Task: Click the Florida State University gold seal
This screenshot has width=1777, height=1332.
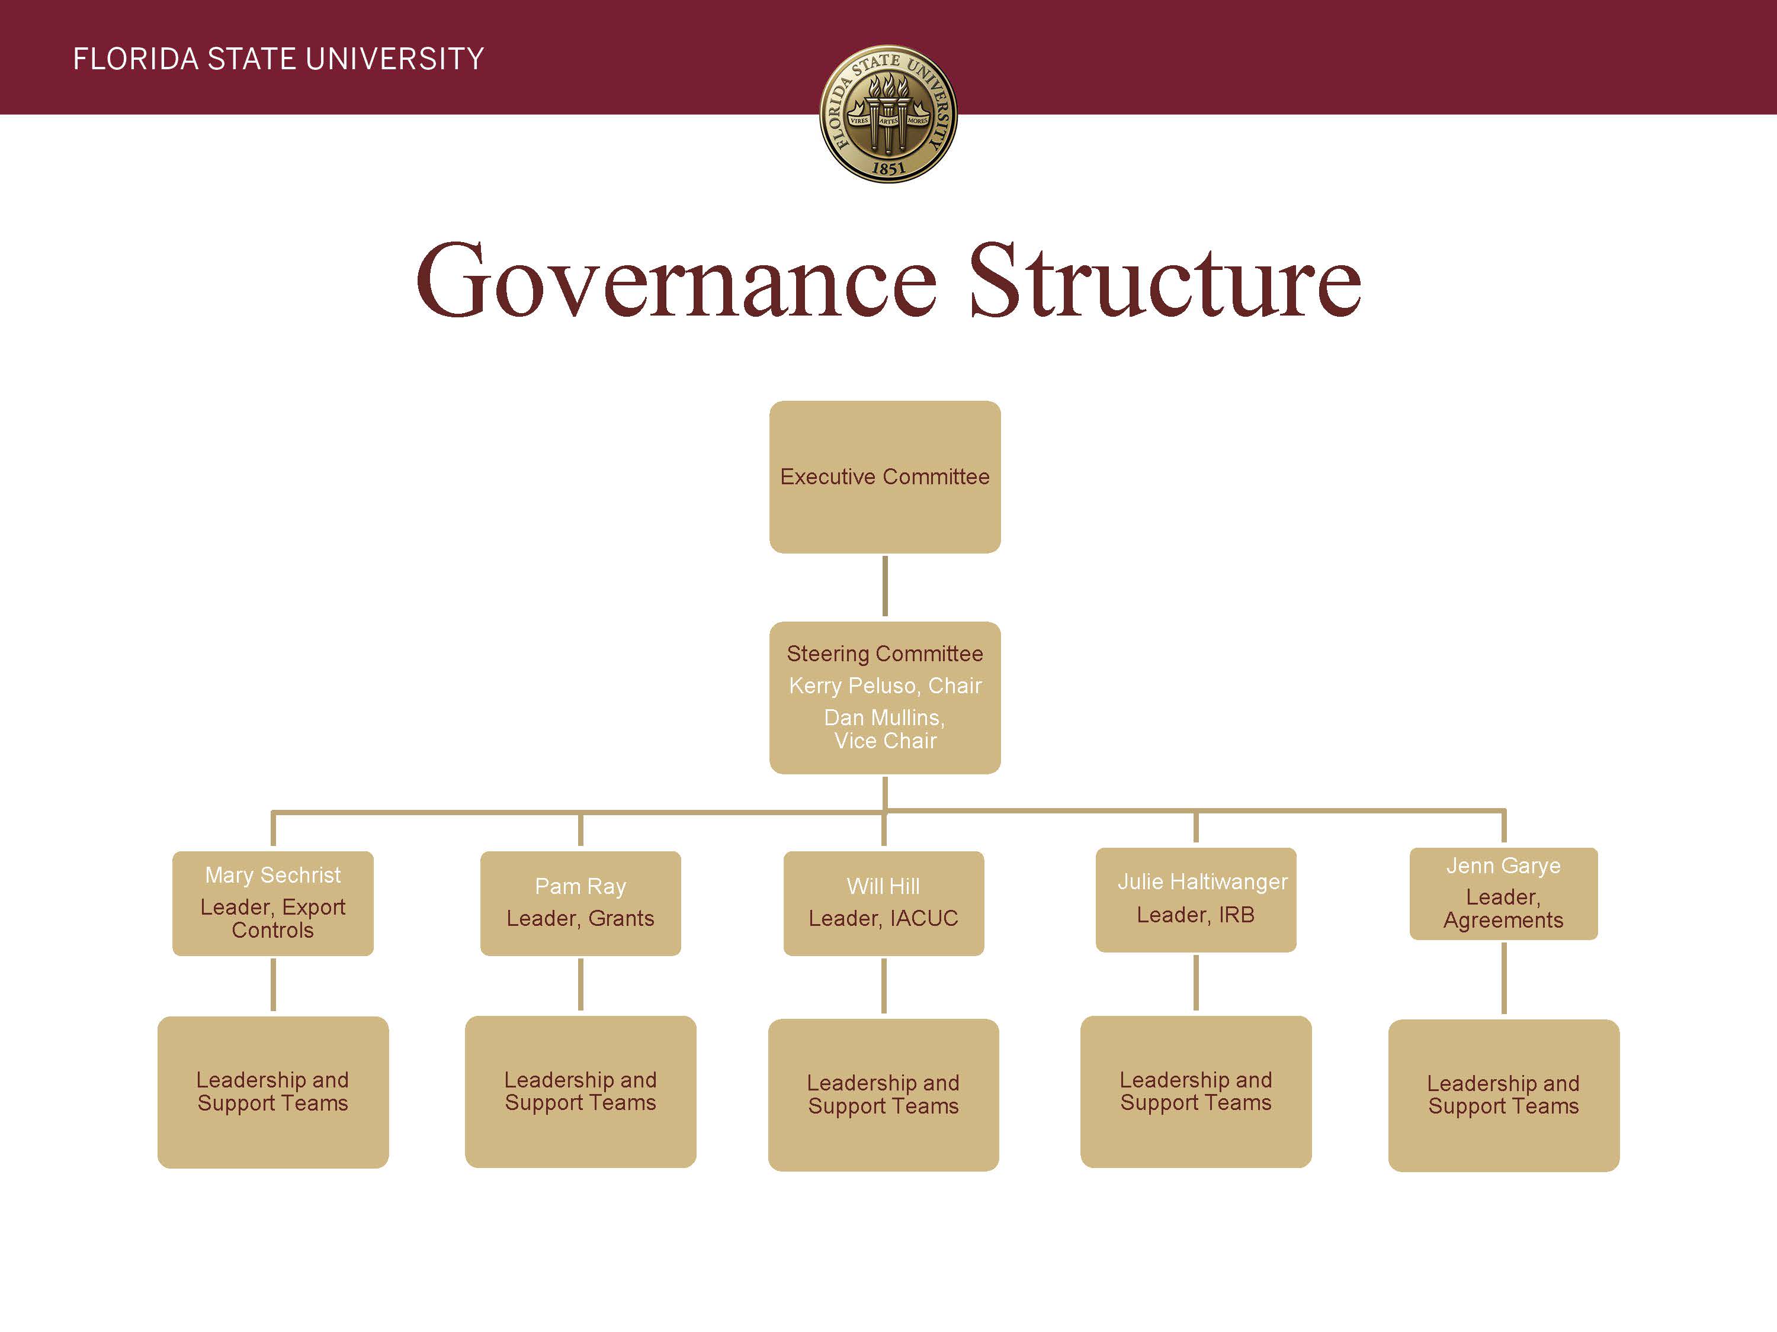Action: (888, 113)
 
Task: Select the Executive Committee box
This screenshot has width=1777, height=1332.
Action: (884, 477)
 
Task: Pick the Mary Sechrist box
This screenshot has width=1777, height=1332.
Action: (273, 903)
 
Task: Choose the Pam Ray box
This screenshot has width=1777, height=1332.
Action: (580, 903)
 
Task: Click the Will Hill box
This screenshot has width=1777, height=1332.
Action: (884, 903)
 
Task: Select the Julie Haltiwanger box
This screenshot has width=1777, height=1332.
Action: (1196, 900)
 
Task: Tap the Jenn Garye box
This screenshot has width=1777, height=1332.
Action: (1504, 893)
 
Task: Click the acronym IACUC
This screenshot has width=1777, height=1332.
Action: (924, 919)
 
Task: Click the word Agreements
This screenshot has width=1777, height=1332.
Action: (1504, 920)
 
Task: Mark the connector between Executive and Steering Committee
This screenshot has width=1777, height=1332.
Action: (884, 587)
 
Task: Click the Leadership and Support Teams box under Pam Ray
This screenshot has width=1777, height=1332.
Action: (580, 1092)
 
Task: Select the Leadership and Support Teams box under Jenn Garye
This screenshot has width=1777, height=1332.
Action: (1504, 1095)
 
